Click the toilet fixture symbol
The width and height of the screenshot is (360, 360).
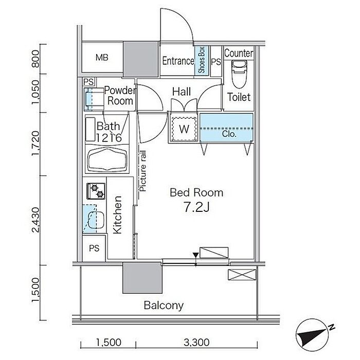click(x=239, y=74)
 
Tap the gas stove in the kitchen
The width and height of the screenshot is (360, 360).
click(x=96, y=191)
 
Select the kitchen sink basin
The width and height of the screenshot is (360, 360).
click(x=96, y=220)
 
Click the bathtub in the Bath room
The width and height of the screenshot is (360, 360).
click(x=107, y=159)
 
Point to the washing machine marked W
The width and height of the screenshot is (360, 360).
click(x=184, y=129)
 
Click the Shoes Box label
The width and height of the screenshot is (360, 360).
click(x=202, y=60)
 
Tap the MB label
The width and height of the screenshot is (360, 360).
click(x=102, y=58)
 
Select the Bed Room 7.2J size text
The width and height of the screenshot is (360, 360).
click(x=196, y=207)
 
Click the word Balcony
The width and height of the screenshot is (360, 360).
click(x=164, y=305)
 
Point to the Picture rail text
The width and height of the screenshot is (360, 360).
click(x=142, y=171)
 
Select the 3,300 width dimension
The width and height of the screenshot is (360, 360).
click(x=196, y=343)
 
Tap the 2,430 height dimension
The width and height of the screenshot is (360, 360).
click(x=36, y=220)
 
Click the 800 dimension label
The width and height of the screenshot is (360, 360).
click(x=36, y=59)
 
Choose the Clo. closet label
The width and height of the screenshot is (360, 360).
click(x=229, y=134)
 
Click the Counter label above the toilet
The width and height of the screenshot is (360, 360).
click(x=239, y=53)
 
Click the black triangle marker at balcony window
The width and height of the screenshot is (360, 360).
click(x=195, y=255)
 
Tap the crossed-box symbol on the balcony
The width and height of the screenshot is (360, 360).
click(x=242, y=275)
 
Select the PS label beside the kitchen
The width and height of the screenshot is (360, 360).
click(x=94, y=248)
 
